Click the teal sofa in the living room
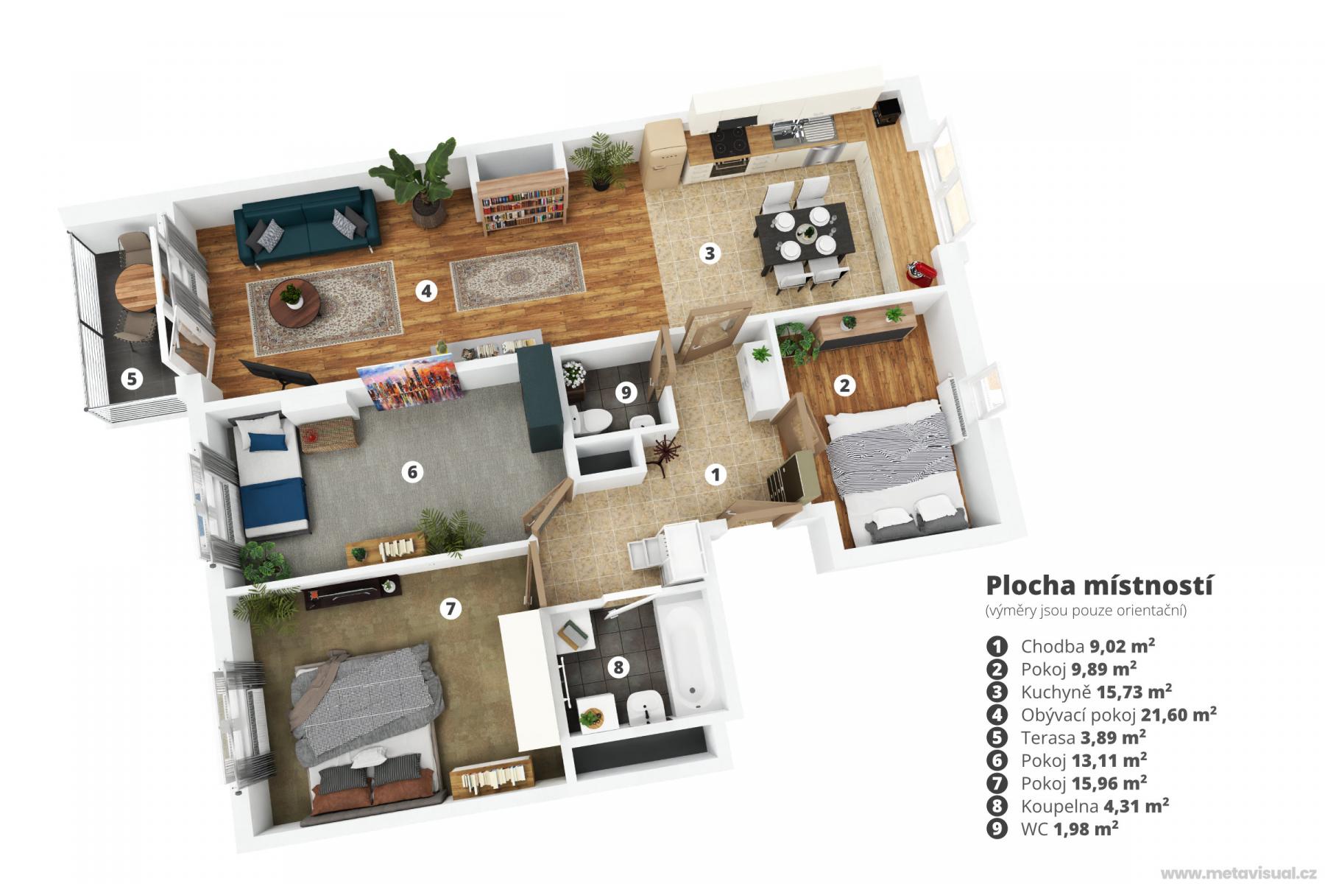308,225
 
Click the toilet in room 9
593,421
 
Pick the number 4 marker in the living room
425,291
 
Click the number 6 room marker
412,471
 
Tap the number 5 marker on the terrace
132,379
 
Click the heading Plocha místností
1099,586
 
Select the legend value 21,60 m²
1179,714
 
